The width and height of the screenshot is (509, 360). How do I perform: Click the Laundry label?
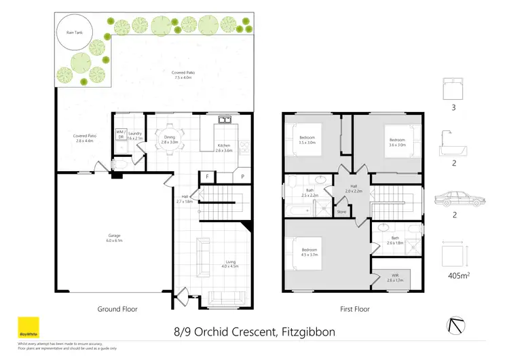pyautogui.click(x=136, y=135)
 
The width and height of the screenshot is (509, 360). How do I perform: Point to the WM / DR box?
pyautogui.click(x=121, y=134)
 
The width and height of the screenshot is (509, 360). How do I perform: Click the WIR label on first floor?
pyautogui.click(x=395, y=277)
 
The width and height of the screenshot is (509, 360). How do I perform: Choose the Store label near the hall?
pyautogui.click(x=341, y=212)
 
